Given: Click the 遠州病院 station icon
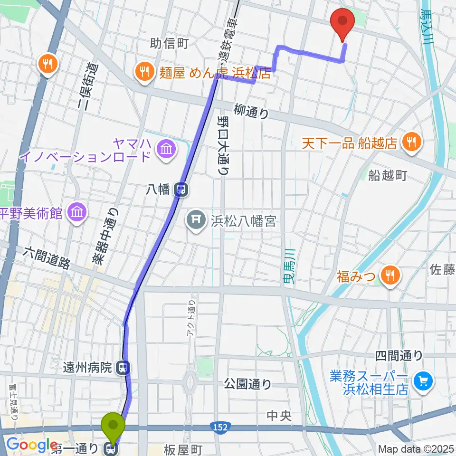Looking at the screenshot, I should (x=124, y=367).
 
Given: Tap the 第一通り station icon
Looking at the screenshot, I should (x=113, y=448).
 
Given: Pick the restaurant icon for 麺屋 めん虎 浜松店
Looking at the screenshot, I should (x=143, y=72).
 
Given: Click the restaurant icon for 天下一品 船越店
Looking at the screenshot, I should (x=409, y=142).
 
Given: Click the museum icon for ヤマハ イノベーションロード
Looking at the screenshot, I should (x=167, y=149).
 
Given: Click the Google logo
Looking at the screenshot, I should (x=32, y=445).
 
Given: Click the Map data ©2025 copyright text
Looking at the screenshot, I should (x=416, y=449).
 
